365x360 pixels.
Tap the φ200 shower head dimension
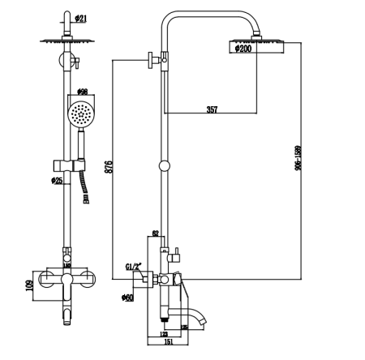243,49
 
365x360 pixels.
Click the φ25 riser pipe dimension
57,180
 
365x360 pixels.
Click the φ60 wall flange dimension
128,298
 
